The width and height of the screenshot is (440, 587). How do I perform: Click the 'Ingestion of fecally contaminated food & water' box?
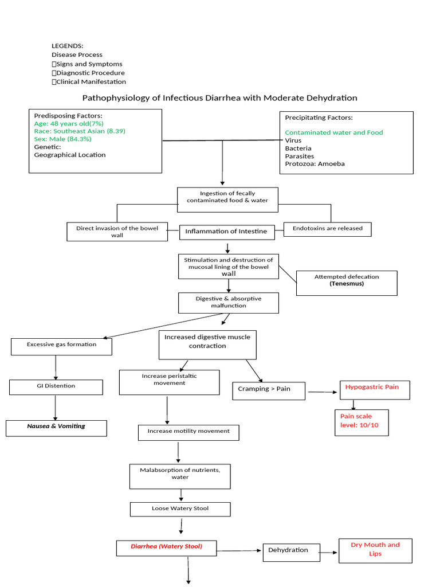227,197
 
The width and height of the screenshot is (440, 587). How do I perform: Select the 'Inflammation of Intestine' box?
225,232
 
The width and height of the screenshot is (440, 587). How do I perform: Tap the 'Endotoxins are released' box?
327,229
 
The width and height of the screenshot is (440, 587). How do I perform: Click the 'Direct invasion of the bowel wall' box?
117,232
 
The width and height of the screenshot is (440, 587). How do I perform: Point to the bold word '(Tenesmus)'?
346,284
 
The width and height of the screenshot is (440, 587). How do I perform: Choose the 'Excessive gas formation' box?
61,346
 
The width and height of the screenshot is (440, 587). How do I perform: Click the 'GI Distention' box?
56,386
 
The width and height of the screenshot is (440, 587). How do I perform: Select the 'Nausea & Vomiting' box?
56,427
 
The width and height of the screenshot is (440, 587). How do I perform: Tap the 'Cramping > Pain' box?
268,390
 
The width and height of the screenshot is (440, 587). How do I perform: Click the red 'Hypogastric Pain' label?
372,388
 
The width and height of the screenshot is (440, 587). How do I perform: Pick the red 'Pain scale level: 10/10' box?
362,422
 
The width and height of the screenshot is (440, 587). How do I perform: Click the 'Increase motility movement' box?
188,432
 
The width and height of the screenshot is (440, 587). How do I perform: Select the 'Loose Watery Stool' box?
180,509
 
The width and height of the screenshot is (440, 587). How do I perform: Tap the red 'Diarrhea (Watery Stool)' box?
166,547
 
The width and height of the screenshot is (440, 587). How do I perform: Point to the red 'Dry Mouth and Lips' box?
375,550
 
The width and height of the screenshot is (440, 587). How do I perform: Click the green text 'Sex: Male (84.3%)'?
62,139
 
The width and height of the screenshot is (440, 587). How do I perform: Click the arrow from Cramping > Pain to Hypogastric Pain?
323,393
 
